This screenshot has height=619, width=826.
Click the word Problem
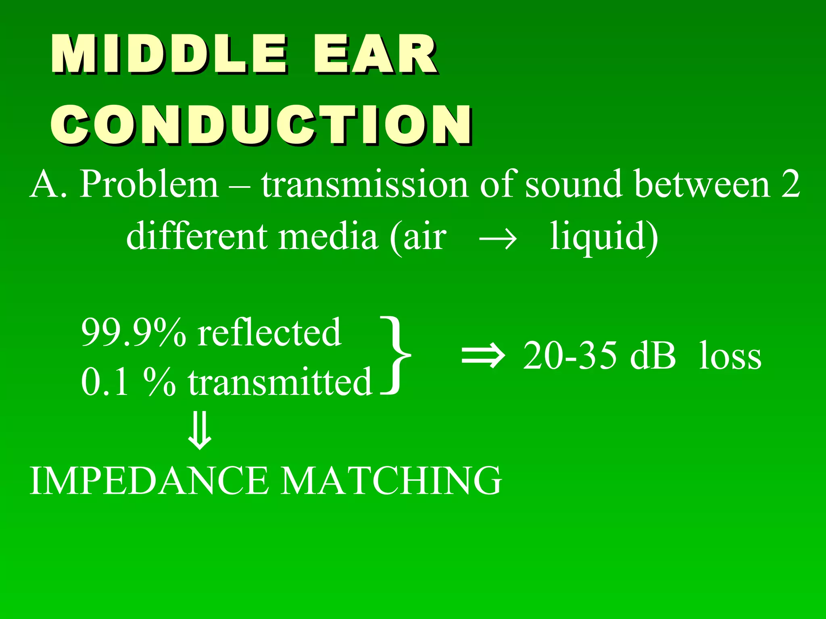[149, 185]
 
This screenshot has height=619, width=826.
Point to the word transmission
[365, 185]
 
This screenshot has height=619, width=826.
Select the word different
[197, 236]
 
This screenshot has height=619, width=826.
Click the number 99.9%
[133, 333]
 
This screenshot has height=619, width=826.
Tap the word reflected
[269, 333]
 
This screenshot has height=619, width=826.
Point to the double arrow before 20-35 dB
[483, 356]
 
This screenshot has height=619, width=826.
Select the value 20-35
[569, 356]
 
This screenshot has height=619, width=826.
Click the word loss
[730, 356]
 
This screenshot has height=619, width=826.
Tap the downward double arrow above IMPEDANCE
[200, 430]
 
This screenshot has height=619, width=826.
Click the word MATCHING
[391, 480]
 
